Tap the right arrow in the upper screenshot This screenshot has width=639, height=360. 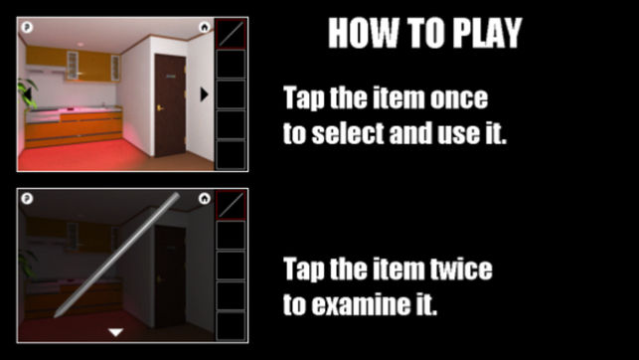point(204,94)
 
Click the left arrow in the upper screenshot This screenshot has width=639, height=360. point(27,94)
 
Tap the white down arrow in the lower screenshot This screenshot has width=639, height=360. point(115,332)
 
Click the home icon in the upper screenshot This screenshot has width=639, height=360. point(204,27)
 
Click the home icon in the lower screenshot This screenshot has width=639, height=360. point(204,199)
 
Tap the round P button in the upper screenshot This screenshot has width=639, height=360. point(27,27)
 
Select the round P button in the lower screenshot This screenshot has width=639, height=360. point(27,199)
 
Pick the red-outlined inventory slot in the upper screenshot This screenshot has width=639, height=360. point(231,34)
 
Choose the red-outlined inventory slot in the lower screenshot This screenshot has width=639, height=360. point(231,205)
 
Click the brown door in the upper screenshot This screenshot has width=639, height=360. point(170,104)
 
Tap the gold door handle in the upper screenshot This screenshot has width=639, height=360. point(160,108)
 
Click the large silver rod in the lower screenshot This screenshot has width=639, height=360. point(116,255)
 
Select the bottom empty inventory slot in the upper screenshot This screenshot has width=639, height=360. point(231,155)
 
